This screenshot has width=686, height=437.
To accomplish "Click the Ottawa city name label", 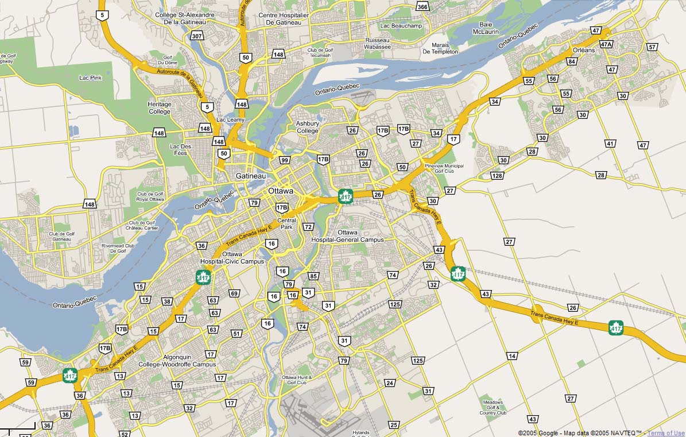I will coord(280,191).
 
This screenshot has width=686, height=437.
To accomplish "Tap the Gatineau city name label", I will coord(250,176).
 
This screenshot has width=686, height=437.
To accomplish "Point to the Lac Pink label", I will coord(90,77).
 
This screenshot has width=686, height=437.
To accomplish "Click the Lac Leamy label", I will coord(230,119).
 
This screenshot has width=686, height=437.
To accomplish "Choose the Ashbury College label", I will coord(307,127).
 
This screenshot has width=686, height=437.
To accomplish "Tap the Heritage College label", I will coord(159,108).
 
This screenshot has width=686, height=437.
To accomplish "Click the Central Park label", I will coord(286,223).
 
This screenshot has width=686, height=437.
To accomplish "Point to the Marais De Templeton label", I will coord(440,48).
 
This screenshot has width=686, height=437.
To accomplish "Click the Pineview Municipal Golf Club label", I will coord(444,168).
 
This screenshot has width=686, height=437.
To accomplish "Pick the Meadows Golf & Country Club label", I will coord(493,407).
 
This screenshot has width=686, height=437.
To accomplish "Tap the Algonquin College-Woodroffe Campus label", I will coord(177,361).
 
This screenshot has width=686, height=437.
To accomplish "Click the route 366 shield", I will coord(423,7).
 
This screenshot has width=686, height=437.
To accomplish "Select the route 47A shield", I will coord(606,44).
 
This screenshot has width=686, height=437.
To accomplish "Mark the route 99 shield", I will coord(284,160).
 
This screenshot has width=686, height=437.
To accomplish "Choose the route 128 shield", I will coord(497,175).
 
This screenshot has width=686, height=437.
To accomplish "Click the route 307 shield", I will coord(197,36).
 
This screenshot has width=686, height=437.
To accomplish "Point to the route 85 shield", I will coord(313,276).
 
